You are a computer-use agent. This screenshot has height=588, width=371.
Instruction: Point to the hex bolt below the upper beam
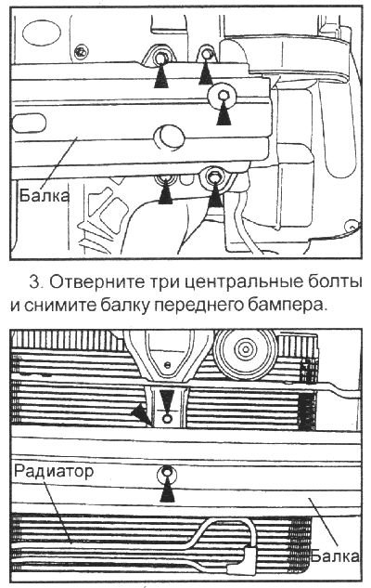215,175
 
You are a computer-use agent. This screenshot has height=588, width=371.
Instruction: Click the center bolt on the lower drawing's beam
166,473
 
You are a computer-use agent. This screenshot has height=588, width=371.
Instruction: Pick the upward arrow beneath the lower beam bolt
167,491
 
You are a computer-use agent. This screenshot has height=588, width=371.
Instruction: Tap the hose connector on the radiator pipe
249,558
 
